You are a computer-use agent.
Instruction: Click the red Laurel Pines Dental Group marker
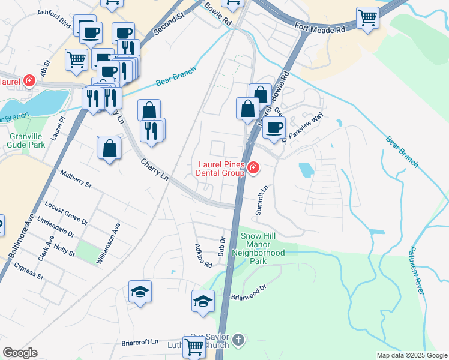[253, 167]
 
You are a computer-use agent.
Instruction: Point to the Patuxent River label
[417, 269]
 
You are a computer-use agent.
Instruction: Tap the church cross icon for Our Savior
[238, 340]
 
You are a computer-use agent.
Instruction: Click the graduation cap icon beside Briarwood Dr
[203, 301]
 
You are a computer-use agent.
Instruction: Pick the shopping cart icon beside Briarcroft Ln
[194, 346]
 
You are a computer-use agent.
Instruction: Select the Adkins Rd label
[203, 256]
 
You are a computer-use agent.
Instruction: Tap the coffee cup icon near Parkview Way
[274, 127]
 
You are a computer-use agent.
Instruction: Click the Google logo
[20, 353]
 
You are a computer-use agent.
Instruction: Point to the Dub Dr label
[223, 244]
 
